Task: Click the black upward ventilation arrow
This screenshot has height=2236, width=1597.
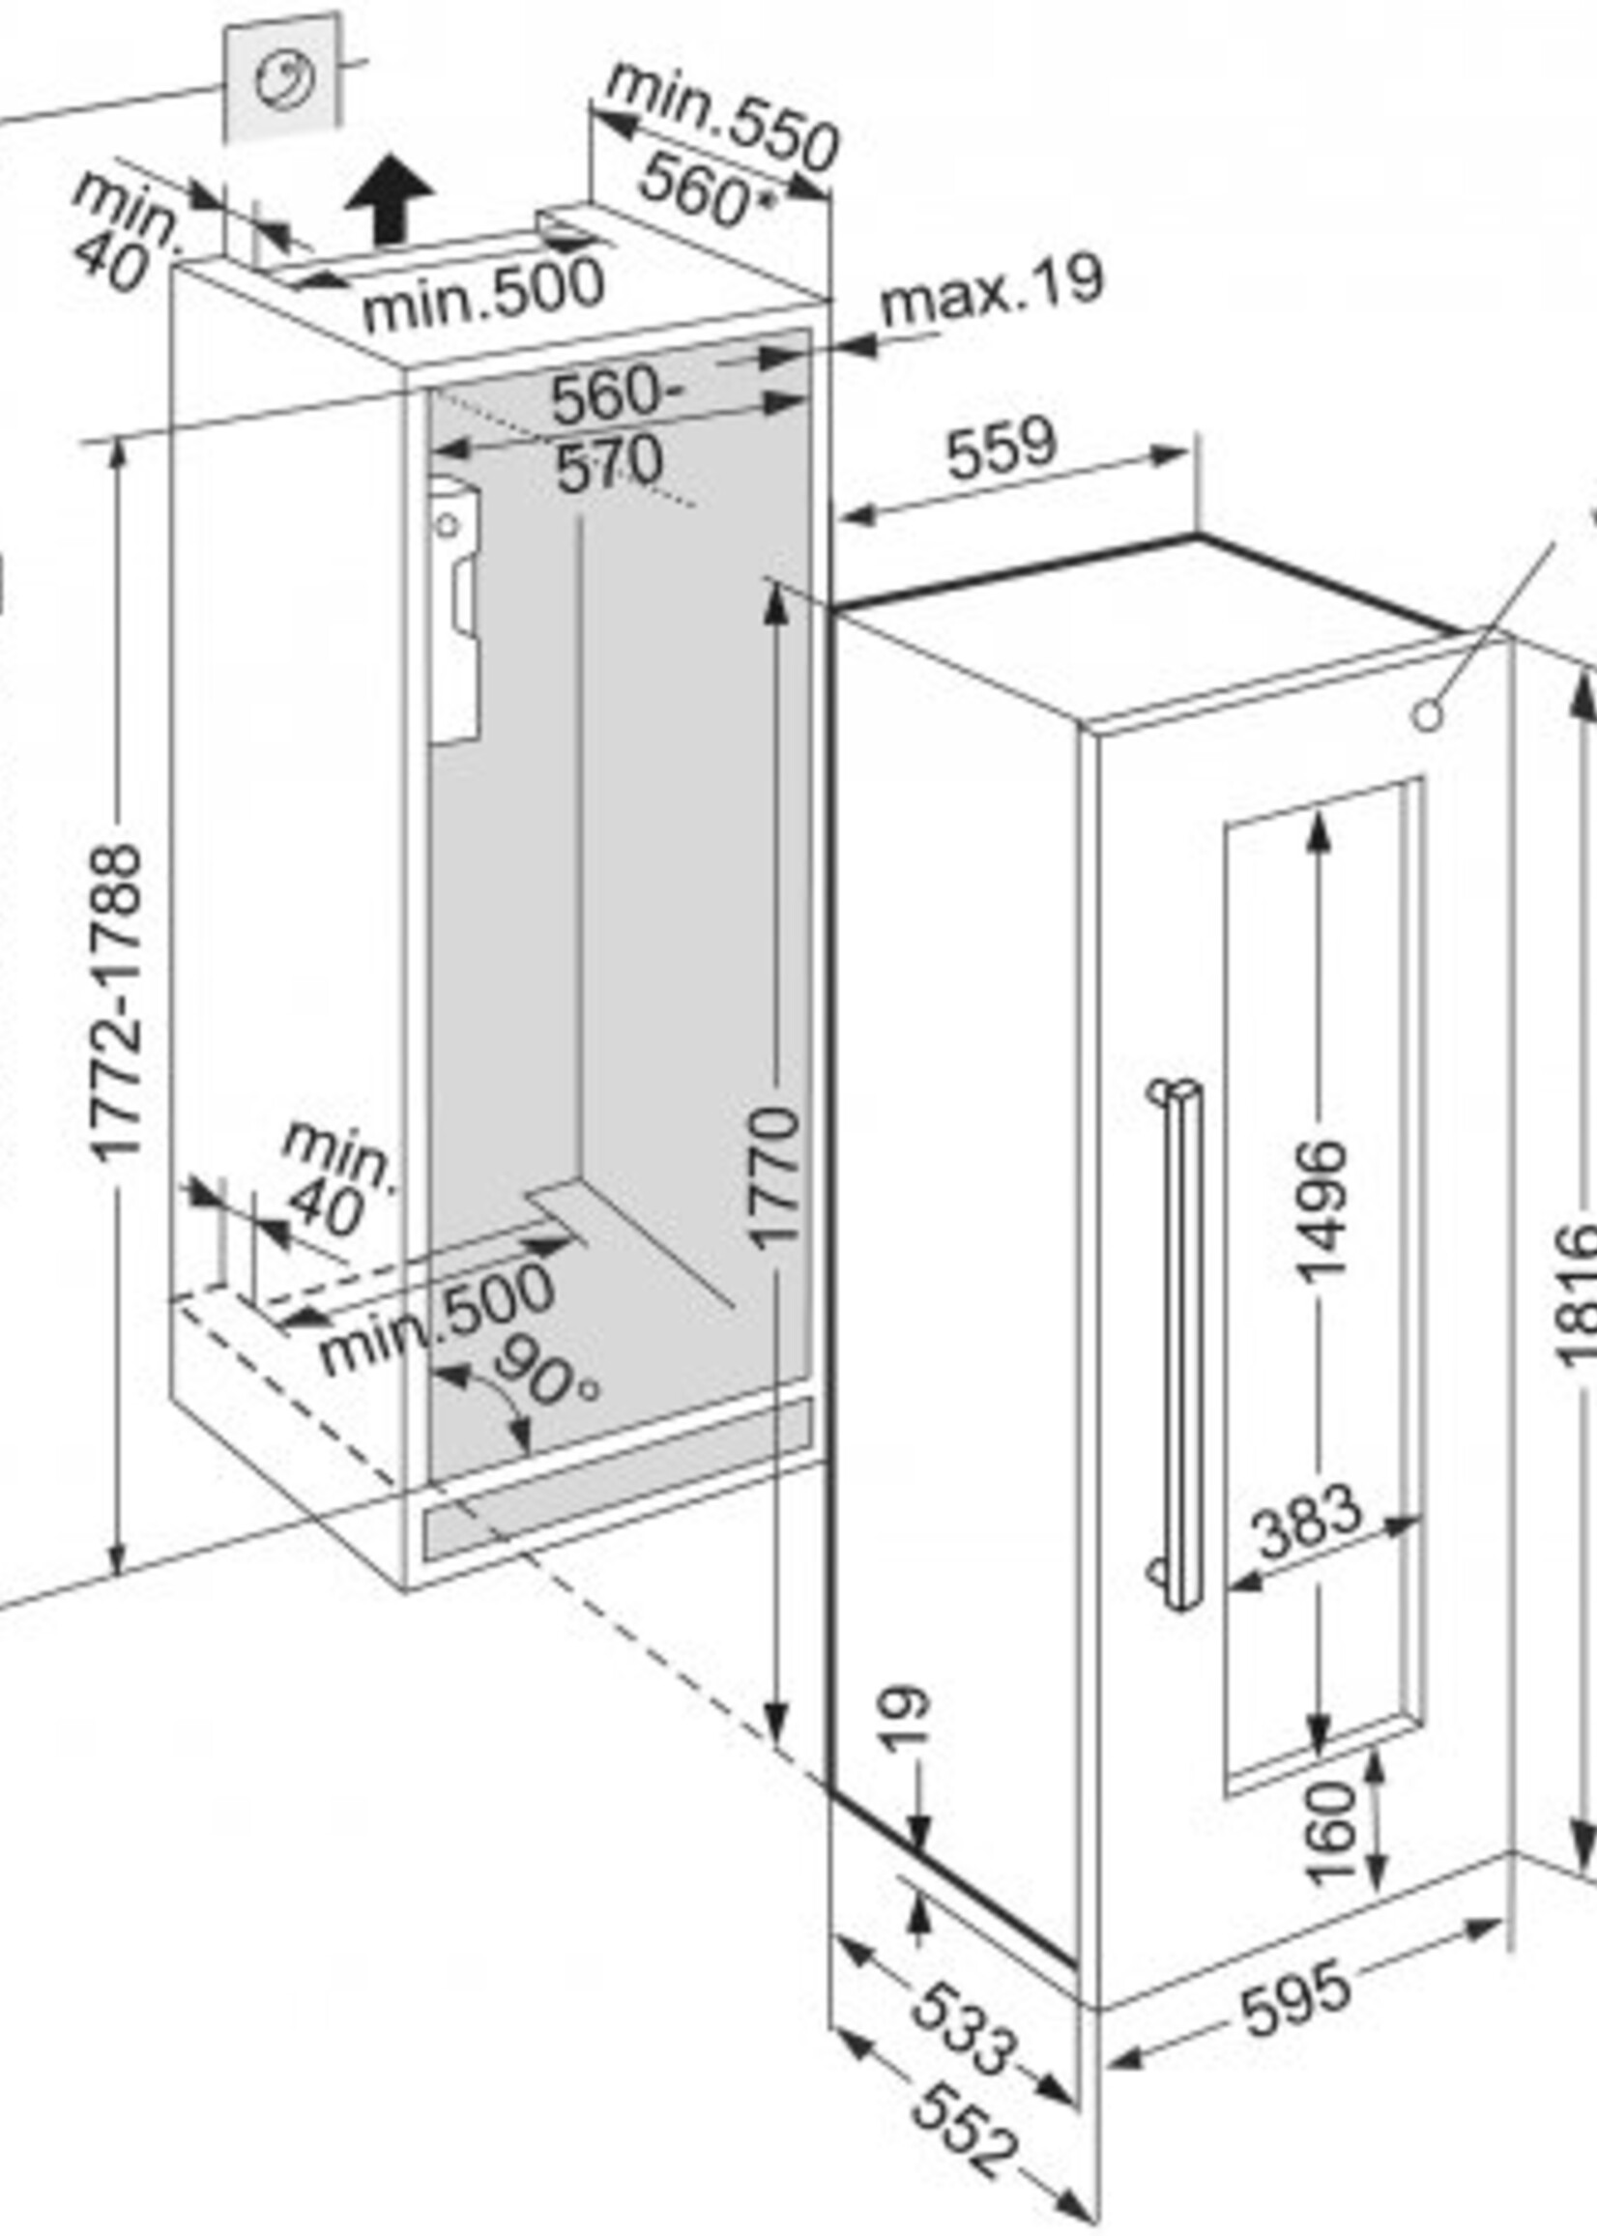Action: pyautogui.click(x=390, y=199)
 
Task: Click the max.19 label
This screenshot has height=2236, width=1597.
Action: pyautogui.click(x=991, y=292)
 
